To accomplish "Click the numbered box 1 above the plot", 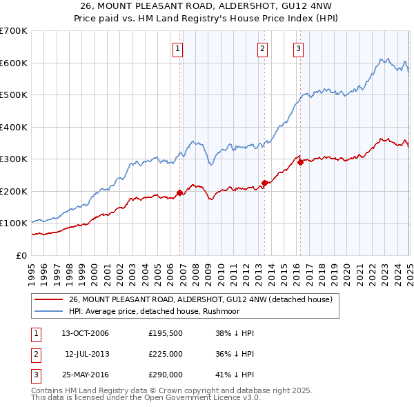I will (178, 48).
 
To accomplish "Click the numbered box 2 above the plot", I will (263, 48).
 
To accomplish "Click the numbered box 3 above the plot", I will (298, 48).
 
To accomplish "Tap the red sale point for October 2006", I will (180, 192).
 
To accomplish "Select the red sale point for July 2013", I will (264, 183).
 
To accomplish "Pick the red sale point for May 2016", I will (300, 162).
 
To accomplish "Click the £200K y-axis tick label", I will (14, 191).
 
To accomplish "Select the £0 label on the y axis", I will (21, 255).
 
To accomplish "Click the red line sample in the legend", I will (49, 300).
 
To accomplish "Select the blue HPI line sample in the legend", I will (49, 311).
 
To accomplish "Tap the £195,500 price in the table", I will (166, 333).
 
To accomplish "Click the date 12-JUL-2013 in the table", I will (87, 355).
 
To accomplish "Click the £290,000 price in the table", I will (166, 375).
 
